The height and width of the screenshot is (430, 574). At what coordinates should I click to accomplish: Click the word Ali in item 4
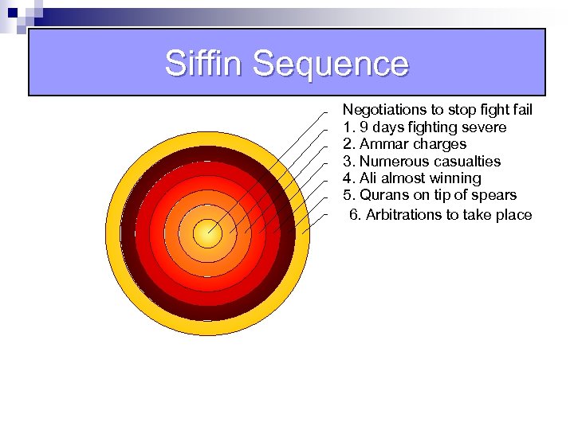[370, 178]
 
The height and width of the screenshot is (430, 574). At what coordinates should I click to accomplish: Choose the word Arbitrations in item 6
[403, 215]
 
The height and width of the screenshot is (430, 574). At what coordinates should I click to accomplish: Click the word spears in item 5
[495, 195]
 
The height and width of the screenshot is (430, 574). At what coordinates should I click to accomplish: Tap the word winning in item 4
[455, 178]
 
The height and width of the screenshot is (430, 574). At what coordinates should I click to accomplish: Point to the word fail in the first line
[521, 110]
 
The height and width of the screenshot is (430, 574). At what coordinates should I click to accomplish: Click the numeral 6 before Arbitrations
[354, 215]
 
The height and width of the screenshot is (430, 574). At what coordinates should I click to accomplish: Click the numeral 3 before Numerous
[348, 162]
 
